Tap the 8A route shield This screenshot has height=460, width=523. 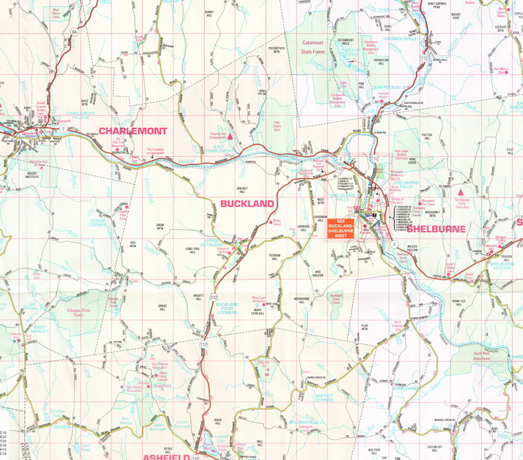pos(74,31)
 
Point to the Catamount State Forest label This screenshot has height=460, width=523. pos(318,46)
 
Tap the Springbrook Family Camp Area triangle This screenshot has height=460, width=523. pos(460,191)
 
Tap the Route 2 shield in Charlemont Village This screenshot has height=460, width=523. pos(63,129)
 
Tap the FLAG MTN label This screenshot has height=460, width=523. pos(365,327)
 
